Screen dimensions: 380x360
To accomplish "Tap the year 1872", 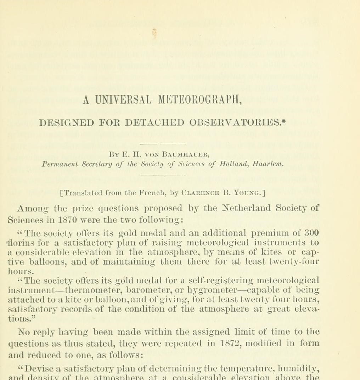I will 227,343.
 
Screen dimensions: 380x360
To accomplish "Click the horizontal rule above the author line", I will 163,144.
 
